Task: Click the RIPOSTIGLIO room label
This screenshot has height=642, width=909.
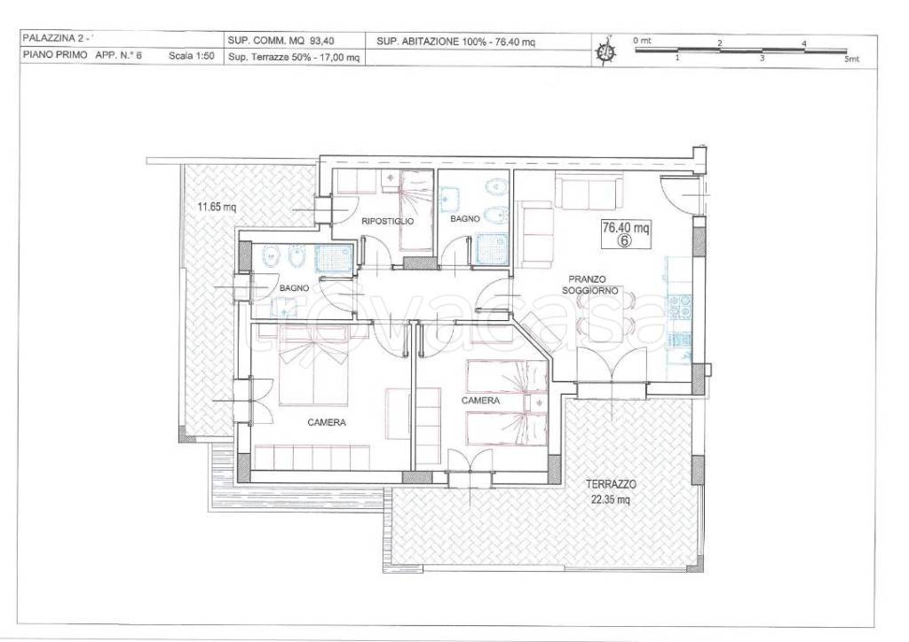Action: [x=388, y=221]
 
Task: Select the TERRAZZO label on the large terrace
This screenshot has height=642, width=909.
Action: [x=611, y=484]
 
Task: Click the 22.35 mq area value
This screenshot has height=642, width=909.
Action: [x=611, y=499]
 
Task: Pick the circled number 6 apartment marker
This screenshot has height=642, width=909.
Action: [x=624, y=241]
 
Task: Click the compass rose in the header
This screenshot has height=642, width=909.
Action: [x=605, y=51]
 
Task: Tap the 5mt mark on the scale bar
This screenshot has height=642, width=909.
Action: [x=851, y=59]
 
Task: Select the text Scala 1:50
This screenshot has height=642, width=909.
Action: [x=192, y=56]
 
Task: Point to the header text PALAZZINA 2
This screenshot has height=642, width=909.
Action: [x=52, y=39]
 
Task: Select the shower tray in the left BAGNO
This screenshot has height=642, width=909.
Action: [x=334, y=258]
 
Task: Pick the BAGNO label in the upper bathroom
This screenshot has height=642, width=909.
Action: [x=465, y=219]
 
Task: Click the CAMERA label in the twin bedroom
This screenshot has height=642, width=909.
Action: [x=480, y=401]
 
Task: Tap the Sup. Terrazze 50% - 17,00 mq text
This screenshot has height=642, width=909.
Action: [x=294, y=58]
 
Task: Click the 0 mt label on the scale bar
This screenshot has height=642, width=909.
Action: [x=642, y=41]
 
